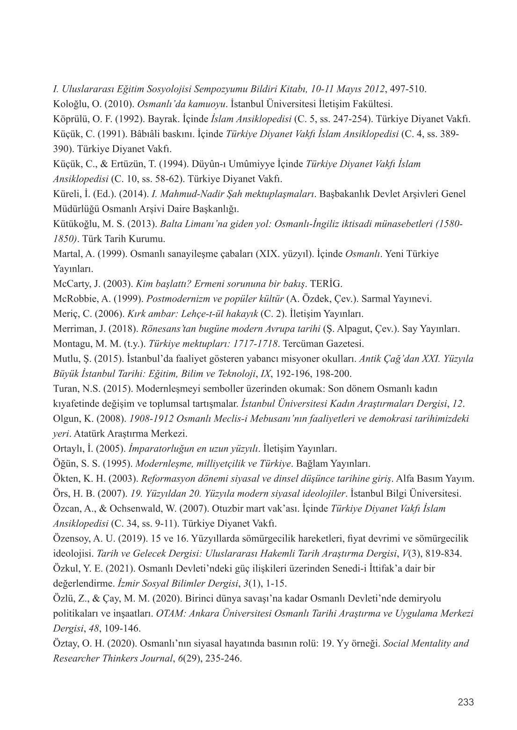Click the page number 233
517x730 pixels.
coord(466,702)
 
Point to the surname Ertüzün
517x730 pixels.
coord(117,164)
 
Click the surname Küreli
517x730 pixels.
coord(65,194)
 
